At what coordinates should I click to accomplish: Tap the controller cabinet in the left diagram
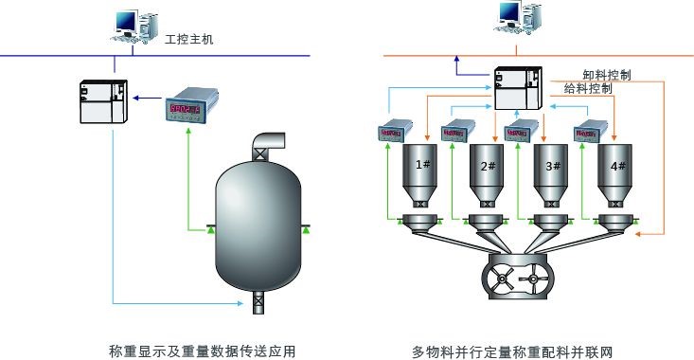(102, 101)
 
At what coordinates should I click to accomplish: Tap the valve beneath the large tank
(258, 305)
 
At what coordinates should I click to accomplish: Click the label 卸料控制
(606, 74)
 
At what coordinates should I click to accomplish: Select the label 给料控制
(587, 88)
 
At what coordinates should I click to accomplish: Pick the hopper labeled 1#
(422, 174)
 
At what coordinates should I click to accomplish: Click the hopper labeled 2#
(489, 174)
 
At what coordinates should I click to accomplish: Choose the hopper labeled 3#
(552, 174)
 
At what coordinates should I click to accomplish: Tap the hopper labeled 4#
(617, 174)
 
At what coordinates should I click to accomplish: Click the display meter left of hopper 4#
(588, 133)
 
